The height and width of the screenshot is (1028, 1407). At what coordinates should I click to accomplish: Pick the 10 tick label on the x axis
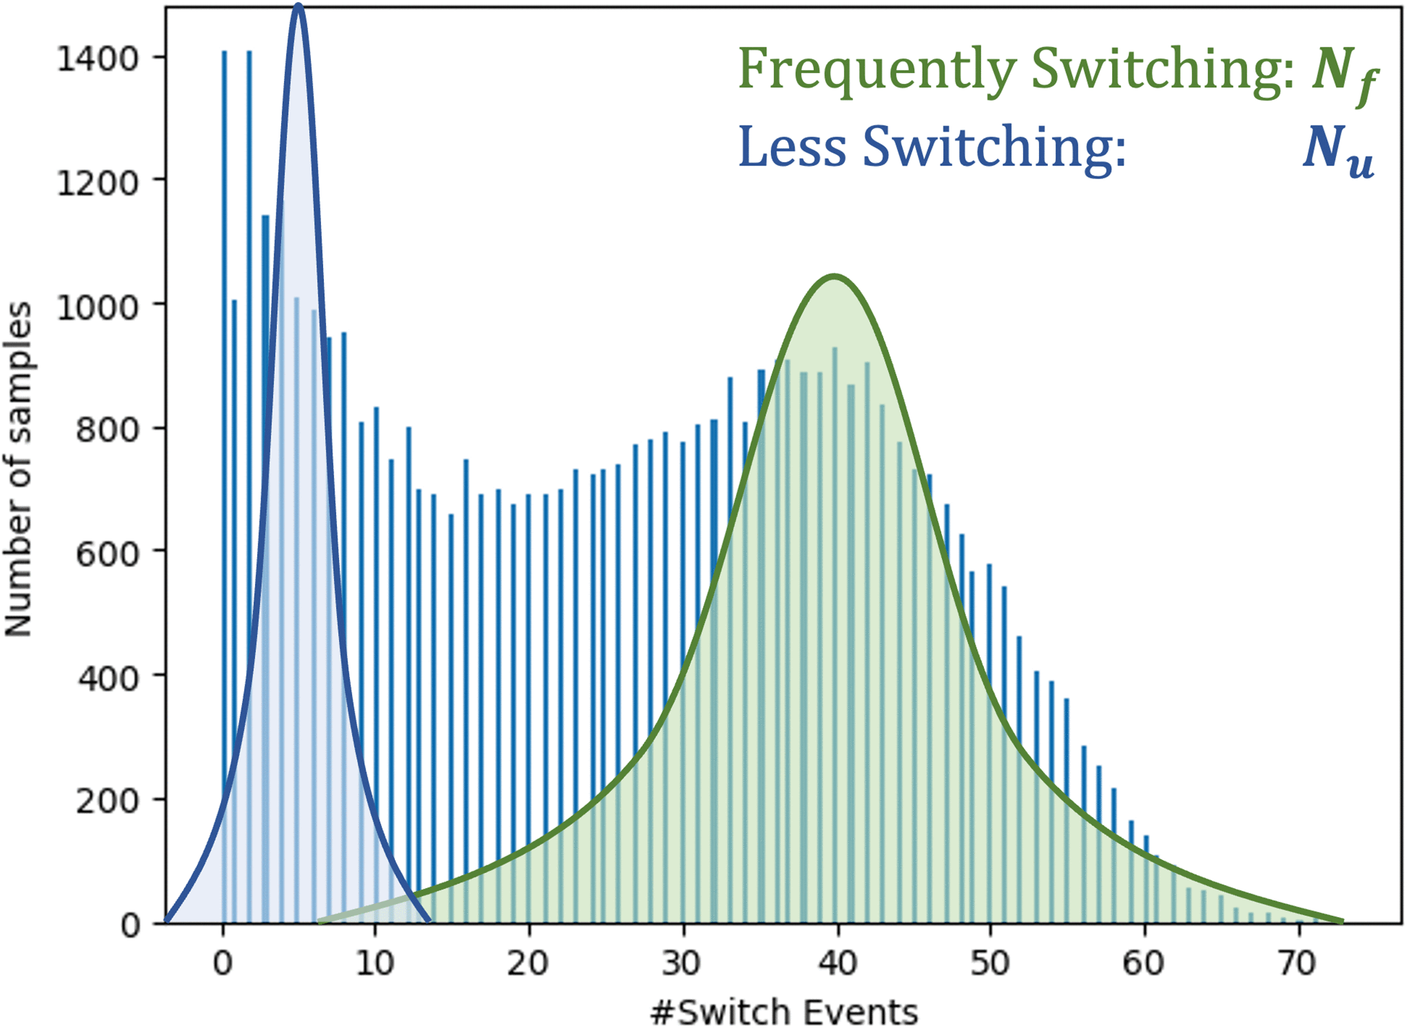click(375, 963)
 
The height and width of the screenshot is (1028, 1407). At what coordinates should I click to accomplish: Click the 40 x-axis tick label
click(836, 963)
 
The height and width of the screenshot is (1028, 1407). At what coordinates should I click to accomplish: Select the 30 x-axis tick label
click(682, 963)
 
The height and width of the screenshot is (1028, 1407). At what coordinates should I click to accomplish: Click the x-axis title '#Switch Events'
click(783, 1011)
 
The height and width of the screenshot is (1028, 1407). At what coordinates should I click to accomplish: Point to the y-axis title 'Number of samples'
click(19, 469)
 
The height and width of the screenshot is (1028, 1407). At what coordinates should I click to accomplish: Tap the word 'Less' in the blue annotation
click(792, 146)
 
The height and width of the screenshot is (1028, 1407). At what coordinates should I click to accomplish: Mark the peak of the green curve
click(834, 277)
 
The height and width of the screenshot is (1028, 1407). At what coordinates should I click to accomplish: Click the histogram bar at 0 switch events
click(224, 482)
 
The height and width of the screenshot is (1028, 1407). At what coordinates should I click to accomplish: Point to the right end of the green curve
click(1340, 921)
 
